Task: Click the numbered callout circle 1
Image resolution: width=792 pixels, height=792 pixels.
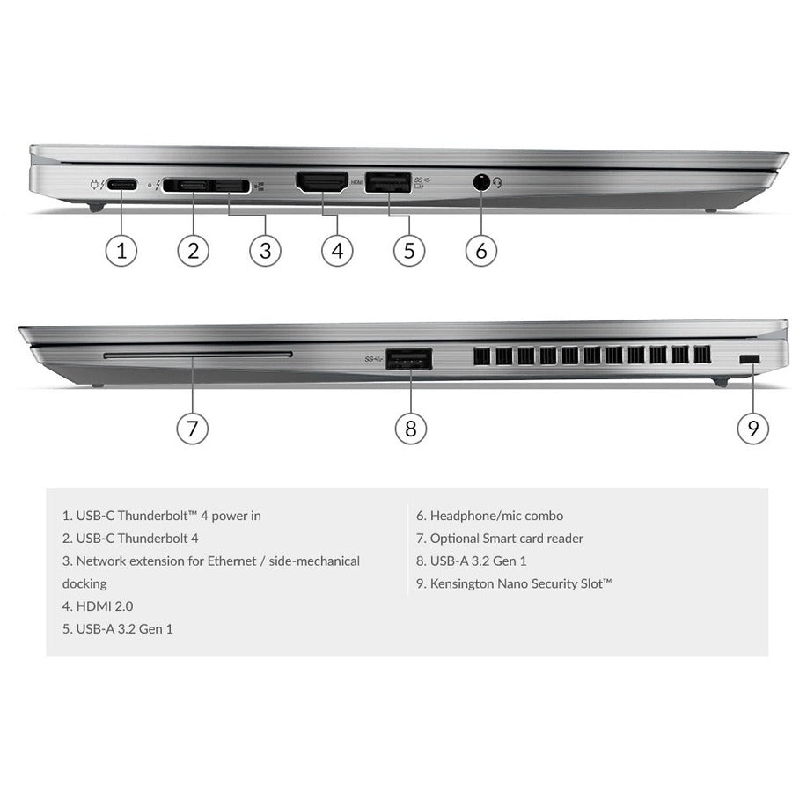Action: pos(121,250)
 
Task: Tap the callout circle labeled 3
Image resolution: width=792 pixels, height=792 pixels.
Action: pos(265,250)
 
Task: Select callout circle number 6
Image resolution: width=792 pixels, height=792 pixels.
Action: pos(480,250)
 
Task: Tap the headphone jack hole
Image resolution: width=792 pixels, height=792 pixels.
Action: pos(480,183)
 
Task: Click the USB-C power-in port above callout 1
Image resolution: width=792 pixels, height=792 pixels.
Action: pos(122,185)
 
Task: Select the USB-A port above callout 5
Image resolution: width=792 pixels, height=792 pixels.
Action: pos(385,183)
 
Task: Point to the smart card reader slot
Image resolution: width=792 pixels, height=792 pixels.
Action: pos(197,355)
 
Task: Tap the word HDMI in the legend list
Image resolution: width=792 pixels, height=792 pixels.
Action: pos(93,605)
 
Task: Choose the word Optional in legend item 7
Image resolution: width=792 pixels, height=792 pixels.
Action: pos(454,538)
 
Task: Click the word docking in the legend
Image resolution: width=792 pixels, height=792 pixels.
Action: pos(84,583)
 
